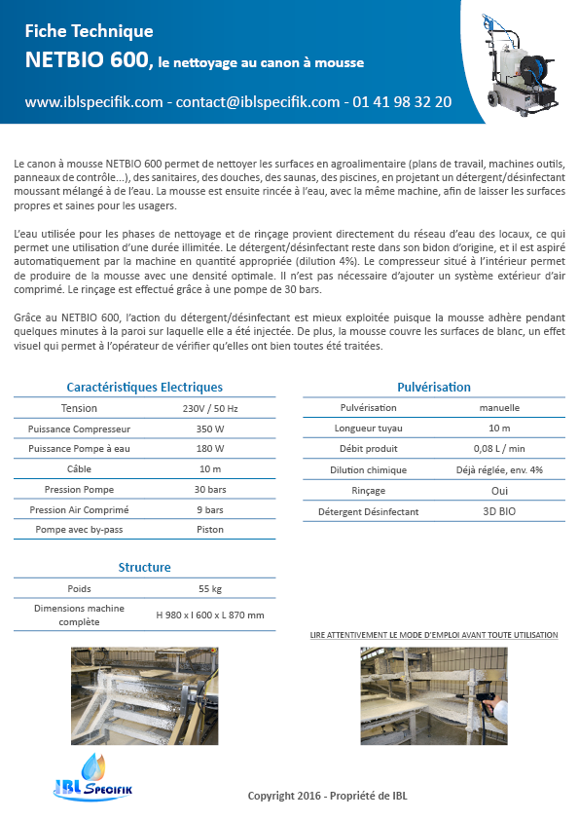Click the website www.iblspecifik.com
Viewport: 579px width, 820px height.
[93, 101]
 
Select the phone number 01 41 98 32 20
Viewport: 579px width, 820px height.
[402, 101]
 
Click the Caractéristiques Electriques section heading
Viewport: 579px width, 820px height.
[144, 387]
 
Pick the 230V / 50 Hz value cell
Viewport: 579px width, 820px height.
[210, 408]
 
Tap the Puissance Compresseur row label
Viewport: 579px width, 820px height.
[79, 429]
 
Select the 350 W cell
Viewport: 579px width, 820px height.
[210, 429]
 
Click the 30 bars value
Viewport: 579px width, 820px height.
[210, 489]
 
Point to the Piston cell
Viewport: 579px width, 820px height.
[210, 530]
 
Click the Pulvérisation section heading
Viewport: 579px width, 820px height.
[434, 387]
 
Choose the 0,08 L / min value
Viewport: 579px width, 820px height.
[499, 449]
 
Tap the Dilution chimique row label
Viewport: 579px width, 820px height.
[368, 469]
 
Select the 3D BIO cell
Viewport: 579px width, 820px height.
[499, 511]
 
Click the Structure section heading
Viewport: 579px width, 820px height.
[144, 567]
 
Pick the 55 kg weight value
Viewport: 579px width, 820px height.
[210, 589]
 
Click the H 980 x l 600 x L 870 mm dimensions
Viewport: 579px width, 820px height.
[210, 615]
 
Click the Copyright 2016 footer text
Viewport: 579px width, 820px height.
[328, 796]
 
